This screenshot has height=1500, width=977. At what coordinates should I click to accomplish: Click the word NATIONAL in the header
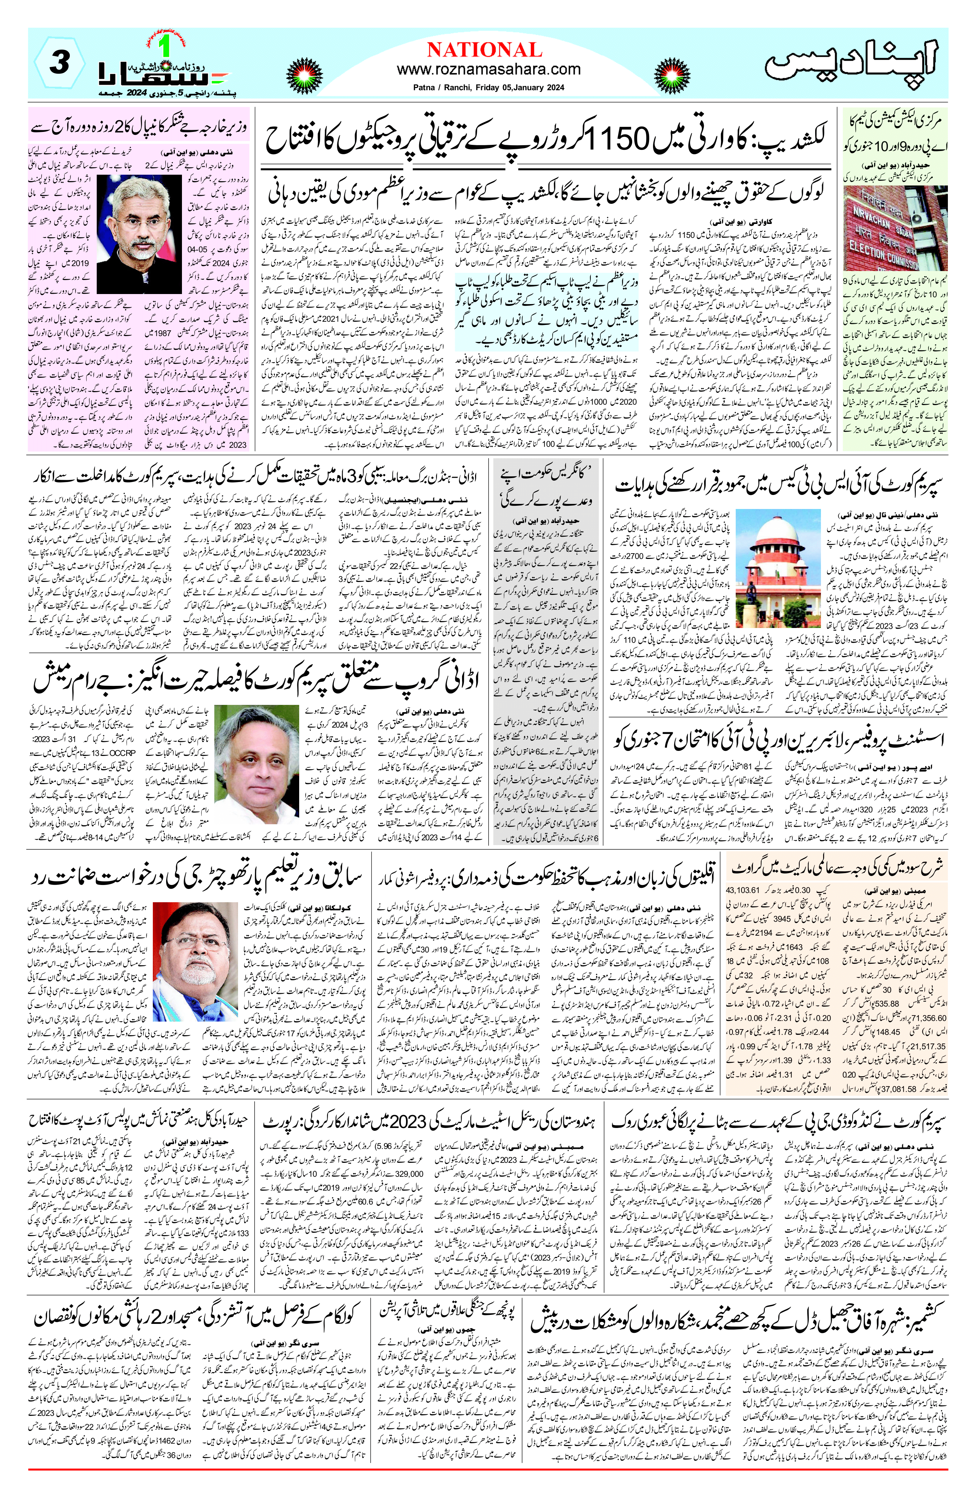pos(484,50)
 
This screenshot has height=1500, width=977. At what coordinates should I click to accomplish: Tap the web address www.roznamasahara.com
pos(488,69)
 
